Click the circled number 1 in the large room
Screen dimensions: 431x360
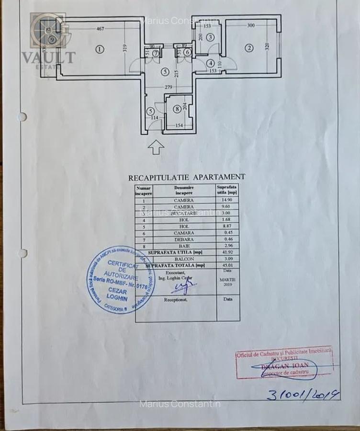pos(99,49)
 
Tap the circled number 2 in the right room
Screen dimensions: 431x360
pos(248,48)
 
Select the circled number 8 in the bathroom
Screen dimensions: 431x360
pos(177,109)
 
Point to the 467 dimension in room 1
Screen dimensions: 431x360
pos(100,29)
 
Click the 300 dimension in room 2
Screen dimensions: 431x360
pos(251,25)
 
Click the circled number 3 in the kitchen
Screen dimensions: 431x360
pos(210,37)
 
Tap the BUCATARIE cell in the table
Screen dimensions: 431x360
pos(184,213)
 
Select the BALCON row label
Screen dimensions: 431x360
pos(184,259)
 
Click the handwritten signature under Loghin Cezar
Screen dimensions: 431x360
pos(183,287)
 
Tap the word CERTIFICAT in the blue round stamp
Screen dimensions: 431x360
pos(123,264)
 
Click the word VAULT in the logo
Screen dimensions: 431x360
pos(48,57)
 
